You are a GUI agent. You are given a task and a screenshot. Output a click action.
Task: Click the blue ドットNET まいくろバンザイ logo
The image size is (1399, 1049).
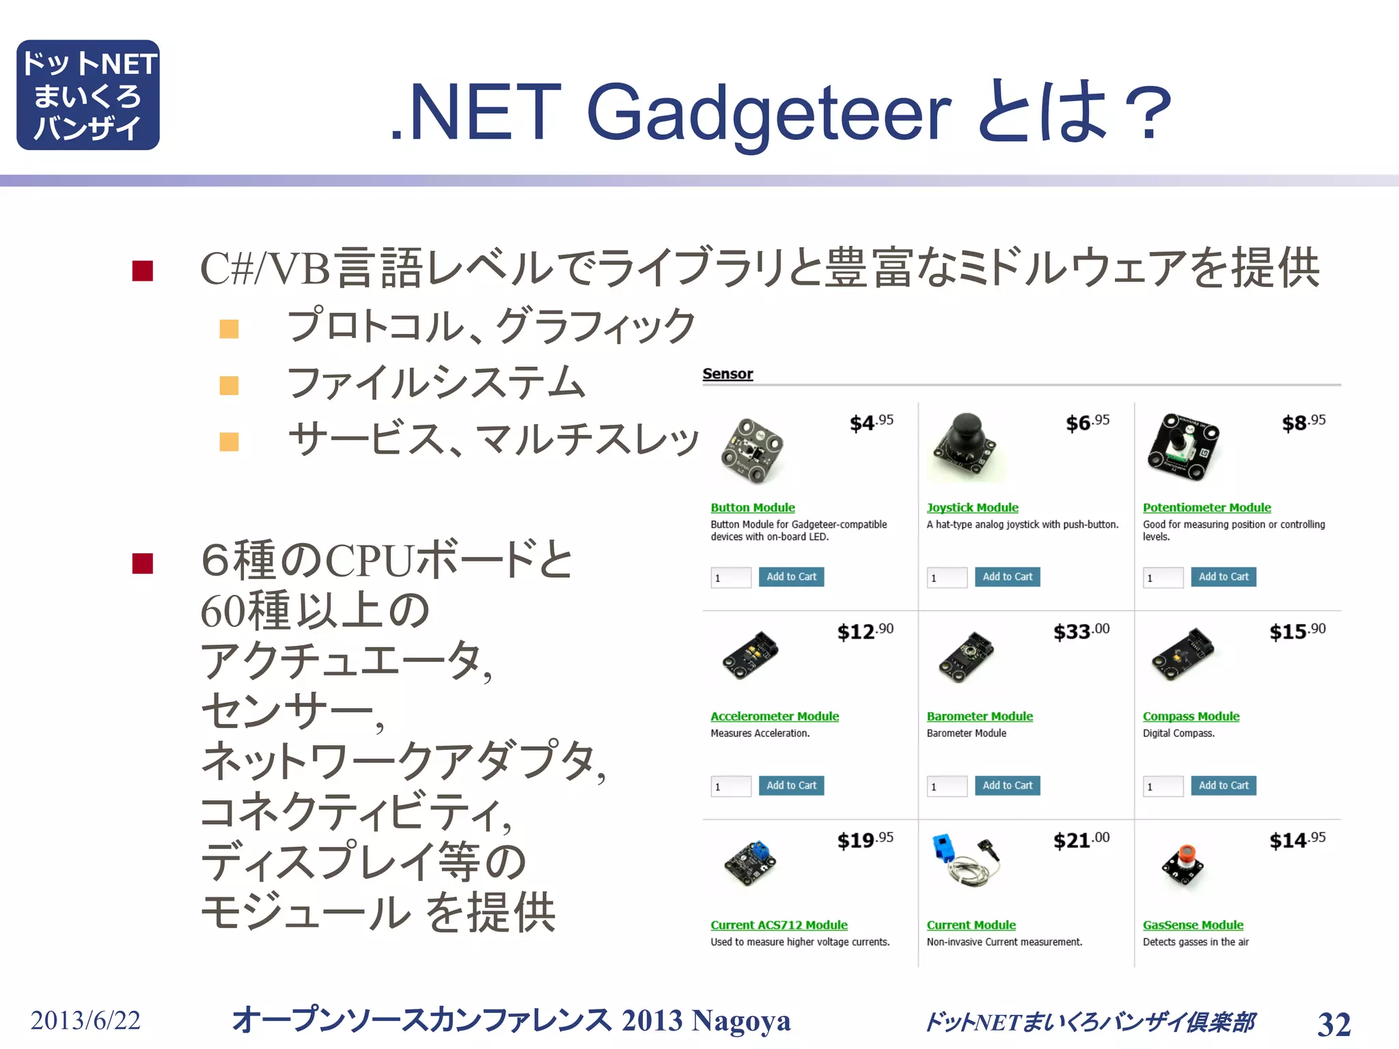click(88, 95)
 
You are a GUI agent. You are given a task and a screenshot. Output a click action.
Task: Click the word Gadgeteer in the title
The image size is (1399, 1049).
click(768, 113)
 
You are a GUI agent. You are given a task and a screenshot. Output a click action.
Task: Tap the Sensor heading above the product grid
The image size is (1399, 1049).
click(728, 374)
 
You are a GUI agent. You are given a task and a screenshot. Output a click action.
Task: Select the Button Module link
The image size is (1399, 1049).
click(752, 507)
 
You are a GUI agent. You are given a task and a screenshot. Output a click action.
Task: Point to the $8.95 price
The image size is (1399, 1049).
click(1303, 422)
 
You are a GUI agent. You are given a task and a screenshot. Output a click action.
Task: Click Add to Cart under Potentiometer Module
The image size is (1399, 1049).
click(1223, 577)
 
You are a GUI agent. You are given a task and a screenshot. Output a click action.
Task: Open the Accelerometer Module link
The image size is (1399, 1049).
click(775, 716)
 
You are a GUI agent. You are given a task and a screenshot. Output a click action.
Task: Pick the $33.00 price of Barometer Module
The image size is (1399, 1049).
click(1081, 631)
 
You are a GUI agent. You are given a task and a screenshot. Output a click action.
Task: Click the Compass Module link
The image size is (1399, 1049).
click(1191, 716)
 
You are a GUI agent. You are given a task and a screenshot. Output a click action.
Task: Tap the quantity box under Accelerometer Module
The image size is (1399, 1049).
click(731, 786)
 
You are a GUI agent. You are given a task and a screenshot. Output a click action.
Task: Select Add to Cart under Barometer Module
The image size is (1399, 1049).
click(1007, 786)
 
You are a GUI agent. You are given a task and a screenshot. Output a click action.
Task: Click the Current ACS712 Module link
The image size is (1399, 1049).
click(779, 925)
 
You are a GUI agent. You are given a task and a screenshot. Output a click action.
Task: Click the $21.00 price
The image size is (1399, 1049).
click(1081, 840)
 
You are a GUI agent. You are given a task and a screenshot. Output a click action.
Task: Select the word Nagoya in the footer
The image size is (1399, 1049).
click(740, 1021)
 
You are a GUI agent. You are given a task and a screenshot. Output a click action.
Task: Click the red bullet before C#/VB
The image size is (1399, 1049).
click(143, 271)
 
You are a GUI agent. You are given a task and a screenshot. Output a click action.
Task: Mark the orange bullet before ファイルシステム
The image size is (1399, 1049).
click(229, 386)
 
